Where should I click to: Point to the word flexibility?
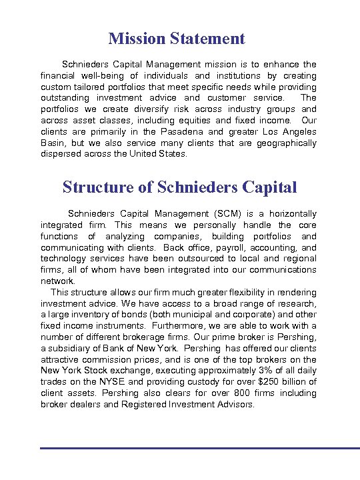[218, 292]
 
